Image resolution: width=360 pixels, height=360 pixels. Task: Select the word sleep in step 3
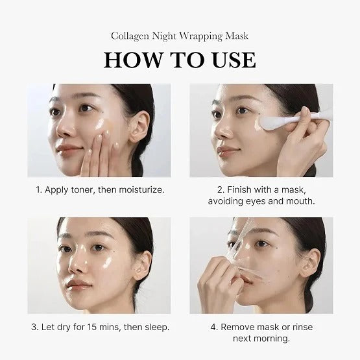156,326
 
